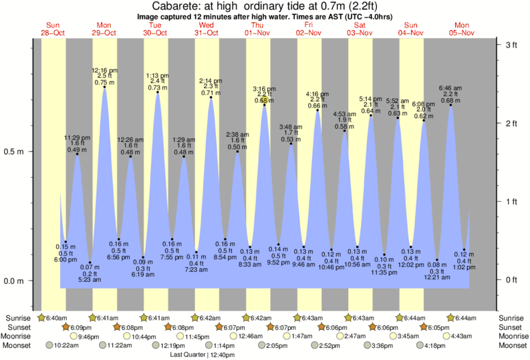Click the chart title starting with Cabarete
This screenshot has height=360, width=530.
[265, 6]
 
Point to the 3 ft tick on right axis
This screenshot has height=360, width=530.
[511, 45]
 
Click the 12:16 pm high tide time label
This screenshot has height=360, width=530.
[104, 69]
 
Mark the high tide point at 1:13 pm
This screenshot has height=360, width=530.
[158, 92]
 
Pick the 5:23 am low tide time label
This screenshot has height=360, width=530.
[90, 279]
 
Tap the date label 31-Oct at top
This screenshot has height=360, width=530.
[207, 33]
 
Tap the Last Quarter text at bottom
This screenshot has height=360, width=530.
[198, 355]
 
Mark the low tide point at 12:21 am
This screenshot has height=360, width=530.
[437, 260]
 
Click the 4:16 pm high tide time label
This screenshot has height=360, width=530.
[316, 94]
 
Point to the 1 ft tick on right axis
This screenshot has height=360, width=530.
[511, 201]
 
